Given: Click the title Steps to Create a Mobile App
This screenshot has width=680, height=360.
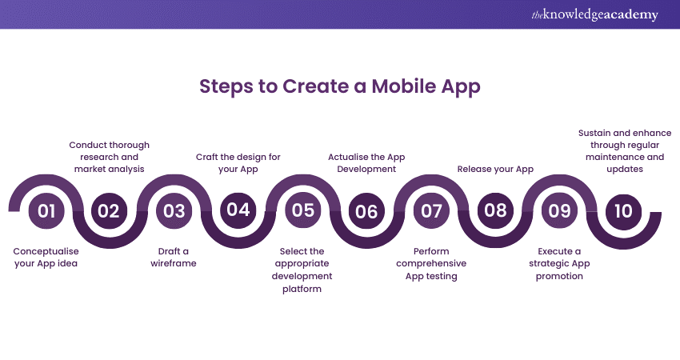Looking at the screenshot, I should tap(339, 86).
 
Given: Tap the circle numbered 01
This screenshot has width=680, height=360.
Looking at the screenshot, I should tap(46, 211).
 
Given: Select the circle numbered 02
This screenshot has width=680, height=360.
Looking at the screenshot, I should tap(109, 211).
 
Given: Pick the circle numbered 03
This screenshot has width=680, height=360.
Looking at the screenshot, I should tap(174, 211).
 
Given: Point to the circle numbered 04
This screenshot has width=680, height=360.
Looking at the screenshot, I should tap(238, 210).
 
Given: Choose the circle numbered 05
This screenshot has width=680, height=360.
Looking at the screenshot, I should tap(302, 210).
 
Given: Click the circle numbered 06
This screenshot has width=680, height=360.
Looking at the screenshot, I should tap(366, 211).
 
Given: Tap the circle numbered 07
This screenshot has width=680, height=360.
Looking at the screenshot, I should tap(431, 211).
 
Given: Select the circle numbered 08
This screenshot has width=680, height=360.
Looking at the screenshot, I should tap(495, 210).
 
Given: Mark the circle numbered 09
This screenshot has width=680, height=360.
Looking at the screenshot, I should tap(559, 211).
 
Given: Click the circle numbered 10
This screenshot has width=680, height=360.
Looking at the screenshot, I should tap(623, 211).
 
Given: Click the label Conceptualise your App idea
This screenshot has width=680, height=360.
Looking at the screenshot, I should tap(46, 257).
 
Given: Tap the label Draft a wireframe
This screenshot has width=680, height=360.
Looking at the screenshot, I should tap(174, 257).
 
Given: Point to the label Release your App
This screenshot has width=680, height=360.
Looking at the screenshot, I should tap(495, 169).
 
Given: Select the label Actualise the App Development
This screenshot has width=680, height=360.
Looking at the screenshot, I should tap(366, 162).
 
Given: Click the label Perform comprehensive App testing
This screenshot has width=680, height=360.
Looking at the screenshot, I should tap(431, 263).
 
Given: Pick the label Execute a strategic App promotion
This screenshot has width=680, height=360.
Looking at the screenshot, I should tap(559, 263).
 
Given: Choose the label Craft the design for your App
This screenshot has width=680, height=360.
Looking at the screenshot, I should tap(238, 162).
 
